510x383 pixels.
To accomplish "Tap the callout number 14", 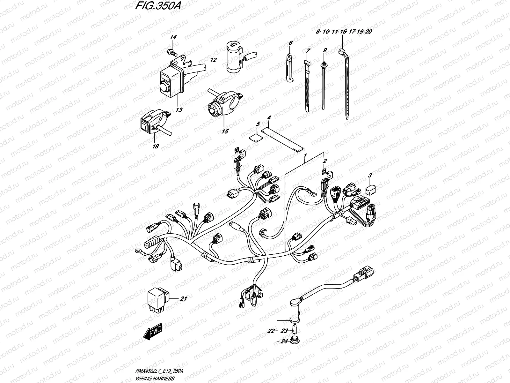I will click(173, 38).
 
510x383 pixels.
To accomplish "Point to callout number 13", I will click(179, 110).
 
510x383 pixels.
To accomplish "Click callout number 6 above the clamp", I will click(290, 43).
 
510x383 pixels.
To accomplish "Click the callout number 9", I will click(324, 50).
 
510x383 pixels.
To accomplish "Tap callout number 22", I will click(271, 331).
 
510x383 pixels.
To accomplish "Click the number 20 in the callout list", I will click(369, 32).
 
